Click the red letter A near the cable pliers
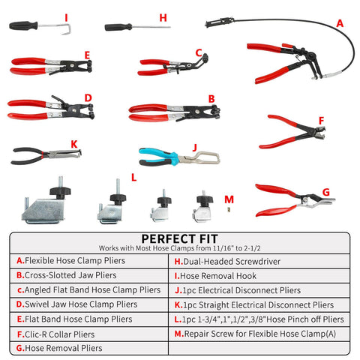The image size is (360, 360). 340,23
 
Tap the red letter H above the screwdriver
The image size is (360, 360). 163,16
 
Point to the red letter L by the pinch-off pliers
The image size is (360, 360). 133,178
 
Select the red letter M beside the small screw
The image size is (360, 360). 229,199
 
